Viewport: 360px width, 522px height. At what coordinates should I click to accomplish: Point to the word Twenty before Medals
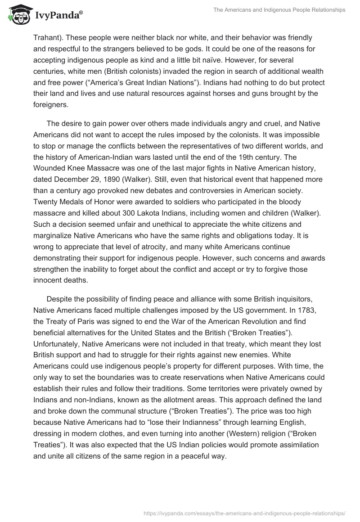(x=46, y=201)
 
